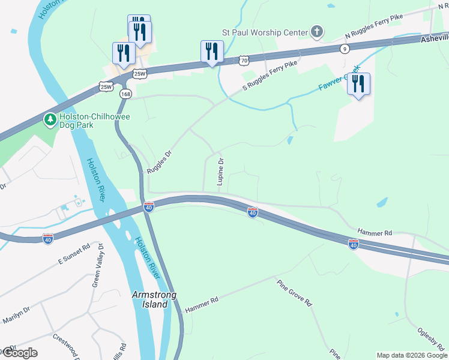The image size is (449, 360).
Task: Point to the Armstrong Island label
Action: [150, 299]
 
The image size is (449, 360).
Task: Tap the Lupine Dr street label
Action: [221, 172]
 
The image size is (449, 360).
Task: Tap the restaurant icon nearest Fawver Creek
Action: [358, 84]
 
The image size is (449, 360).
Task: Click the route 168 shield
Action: [125, 94]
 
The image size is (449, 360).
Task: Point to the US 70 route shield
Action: [243, 60]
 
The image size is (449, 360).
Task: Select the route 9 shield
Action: [344, 49]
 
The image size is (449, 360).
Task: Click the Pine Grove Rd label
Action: [295, 292]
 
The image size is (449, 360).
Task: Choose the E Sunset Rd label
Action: [73, 254]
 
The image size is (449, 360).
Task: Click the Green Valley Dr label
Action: [97, 265]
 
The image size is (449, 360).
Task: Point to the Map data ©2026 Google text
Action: [412, 355]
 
